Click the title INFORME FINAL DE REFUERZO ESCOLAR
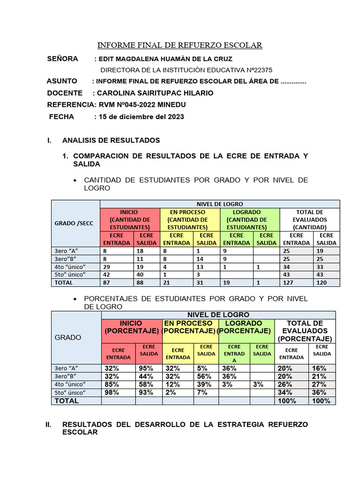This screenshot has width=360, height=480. pyautogui.click(x=180, y=45)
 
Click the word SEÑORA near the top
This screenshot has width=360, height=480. pyautogui.click(x=63, y=59)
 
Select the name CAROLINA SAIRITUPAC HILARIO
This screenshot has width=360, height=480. pyautogui.click(x=155, y=93)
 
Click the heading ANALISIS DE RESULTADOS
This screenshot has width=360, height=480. pyautogui.click(x=111, y=140)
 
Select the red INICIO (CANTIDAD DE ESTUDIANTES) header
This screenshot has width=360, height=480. pyautogui.click(x=130, y=219)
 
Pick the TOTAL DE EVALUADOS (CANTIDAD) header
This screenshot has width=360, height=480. pyautogui.click(x=309, y=219)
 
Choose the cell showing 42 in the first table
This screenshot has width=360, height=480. pyautogui.click(x=107, y=274)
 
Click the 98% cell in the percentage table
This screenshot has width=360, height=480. pyautogui.click(x=112, y=392)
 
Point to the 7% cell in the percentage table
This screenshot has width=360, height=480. pyautogui.click(x=202, y=392)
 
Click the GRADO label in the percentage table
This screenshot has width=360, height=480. pyautogui.click(x=68, y=337)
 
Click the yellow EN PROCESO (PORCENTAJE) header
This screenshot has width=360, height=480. pyautogui.click(x=189, y=327)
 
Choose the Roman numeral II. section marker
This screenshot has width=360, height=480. pyautogui.click(x=48, y=424)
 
